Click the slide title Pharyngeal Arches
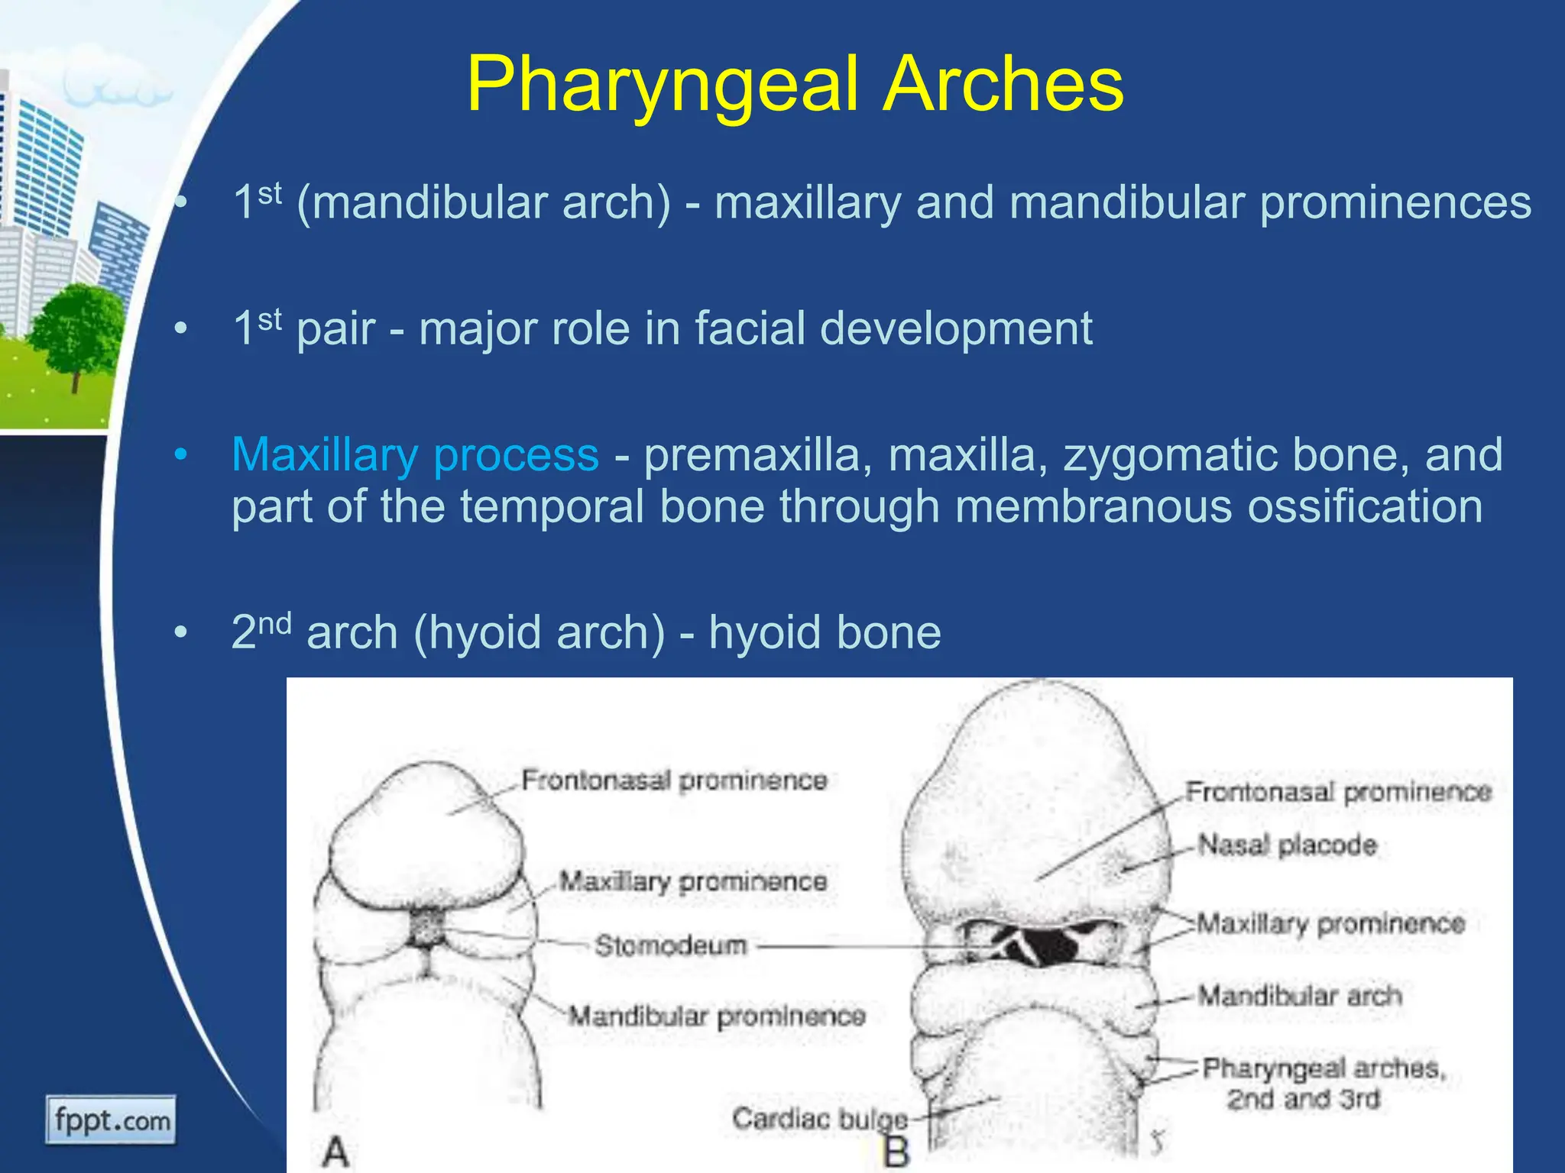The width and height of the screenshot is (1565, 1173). click(795, 84)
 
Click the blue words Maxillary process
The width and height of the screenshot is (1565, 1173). click(415, 455)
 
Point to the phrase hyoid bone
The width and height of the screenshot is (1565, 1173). click(825, 632)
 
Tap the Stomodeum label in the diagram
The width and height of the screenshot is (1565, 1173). click(670, 945)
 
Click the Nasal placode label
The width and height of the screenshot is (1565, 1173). click(1287, 845)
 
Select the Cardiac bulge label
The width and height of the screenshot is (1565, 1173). click(819, 1119)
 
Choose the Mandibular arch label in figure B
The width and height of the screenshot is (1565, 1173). click(1299, 996)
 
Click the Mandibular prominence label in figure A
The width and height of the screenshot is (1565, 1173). click(717, 1016)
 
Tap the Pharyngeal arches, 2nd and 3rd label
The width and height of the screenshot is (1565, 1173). click(1324, 1083)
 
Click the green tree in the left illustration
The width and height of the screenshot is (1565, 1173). click(76, 328)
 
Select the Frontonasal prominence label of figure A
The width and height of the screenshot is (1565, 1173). click(674, 780)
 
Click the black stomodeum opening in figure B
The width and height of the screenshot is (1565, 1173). click(1051, 947)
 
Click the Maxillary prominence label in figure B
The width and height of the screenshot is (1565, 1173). click(1330, 924)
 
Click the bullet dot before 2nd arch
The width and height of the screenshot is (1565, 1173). click(181, 633)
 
